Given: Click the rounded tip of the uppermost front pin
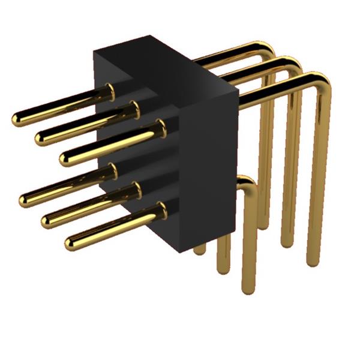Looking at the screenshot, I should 17,119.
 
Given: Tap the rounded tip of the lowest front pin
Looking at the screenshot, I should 71,243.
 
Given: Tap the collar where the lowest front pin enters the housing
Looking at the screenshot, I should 161,209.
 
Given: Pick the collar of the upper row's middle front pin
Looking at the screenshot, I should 135,109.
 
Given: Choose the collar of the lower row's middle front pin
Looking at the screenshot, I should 136,190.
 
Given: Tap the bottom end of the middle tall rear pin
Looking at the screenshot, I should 287,242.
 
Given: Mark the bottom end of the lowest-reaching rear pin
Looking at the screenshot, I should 248,289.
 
